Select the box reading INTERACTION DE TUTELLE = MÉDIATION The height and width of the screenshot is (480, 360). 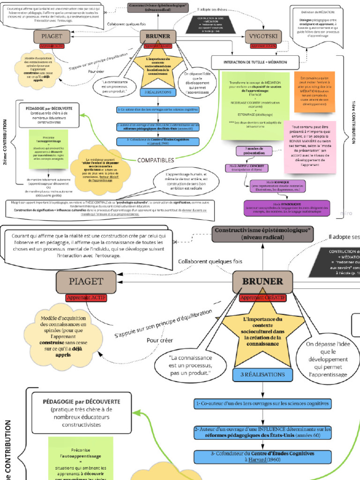pyautogui.click(x=255, y=62)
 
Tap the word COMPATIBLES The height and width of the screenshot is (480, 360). pyautogui.click(x=156, y=160)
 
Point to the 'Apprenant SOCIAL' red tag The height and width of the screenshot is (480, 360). pyautogui.click(x=262, y=46)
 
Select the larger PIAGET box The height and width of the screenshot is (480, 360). pyautogui.click(x=86, y=281)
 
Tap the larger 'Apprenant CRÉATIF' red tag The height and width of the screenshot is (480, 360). pyautogui.click(x=262, y=298)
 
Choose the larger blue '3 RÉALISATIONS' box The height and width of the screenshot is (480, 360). pyautogui.click(x=262, y=375)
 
